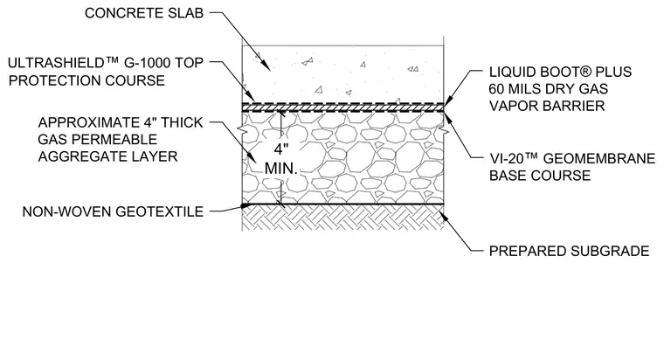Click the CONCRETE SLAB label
coord(144,13)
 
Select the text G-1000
coord(144,63)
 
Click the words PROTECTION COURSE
coord(86,80)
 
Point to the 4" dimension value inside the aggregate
coord(280,150)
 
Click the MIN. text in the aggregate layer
coord(281,169)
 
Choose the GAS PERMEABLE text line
coord(97,139)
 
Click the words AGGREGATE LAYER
coord(108,156)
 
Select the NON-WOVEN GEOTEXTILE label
coord(113,211)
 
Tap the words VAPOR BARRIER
coord(547,106)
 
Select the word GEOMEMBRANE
coord(599,158)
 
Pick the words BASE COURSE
coord(540,176)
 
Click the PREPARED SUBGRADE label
coord(569,251)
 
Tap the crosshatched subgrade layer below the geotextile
coord(342,218)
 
